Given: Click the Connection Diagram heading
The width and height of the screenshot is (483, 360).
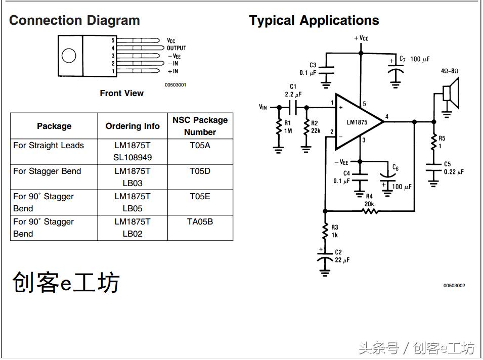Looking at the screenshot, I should [74, 21].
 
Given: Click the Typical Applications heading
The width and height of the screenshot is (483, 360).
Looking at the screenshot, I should [314, 21].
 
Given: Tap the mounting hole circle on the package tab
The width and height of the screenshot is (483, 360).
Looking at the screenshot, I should [69, 55].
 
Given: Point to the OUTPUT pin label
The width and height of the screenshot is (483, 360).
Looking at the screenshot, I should [177, 48].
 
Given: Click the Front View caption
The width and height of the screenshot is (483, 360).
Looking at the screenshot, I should [121, 93].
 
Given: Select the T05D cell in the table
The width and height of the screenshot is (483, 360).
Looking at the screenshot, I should [200, 171].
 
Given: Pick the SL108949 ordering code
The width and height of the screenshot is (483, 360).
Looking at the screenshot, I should [132, 157].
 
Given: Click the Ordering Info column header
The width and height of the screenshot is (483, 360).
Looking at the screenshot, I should [132, 126].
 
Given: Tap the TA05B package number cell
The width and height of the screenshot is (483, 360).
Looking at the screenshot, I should [200, 221].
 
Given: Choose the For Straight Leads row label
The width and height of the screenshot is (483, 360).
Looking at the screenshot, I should [49, 145].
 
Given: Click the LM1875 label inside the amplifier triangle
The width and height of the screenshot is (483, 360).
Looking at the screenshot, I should [357, 122].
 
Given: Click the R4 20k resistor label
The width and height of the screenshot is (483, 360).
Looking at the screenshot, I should [369, 200].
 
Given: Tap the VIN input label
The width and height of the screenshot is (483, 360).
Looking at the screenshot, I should [262, 107].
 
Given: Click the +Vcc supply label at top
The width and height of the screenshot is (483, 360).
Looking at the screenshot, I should [361, 38].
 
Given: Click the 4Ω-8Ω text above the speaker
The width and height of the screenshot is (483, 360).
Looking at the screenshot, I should [450, 71].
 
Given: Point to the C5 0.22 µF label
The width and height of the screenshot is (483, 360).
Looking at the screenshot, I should [453, 168].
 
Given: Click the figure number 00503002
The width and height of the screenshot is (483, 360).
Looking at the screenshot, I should [454, 286].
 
